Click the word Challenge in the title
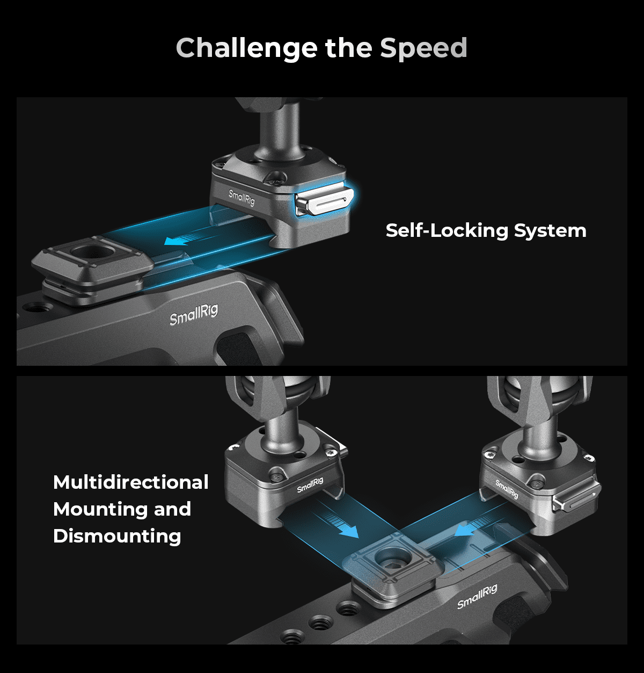point(246,48)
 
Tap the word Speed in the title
point(423,48)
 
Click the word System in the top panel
point(551,230)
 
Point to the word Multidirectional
point(131,482)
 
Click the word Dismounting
point(117,536)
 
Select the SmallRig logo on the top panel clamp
point(241,198)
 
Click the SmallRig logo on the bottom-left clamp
point(310,485)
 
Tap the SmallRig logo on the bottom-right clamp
point(507,489)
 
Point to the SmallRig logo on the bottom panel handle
point(477,597)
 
